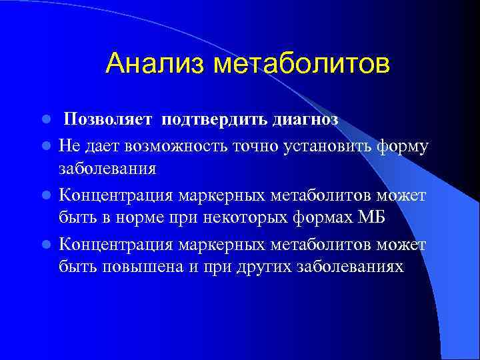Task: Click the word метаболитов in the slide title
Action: point(301,64)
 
